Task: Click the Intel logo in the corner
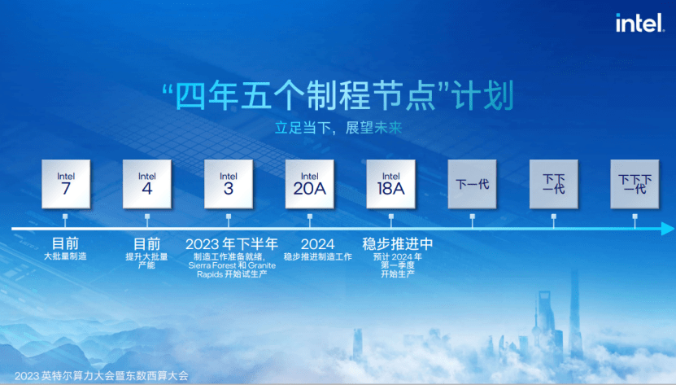coord(639,23)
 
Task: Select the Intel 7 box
coord(66,184)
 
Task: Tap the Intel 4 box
coord(147,184)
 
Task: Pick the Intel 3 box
coord(229,184)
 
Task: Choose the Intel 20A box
coord(310,184)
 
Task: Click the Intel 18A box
coord(391,184)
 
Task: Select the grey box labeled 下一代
coord(472,184)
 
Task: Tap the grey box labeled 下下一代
coord(553,184)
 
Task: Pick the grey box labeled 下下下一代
coord(635,184)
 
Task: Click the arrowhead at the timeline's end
coord(668,229)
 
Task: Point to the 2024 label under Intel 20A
coord(318,244)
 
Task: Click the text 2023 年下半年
coord(232,244)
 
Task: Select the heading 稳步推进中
coord(398,244)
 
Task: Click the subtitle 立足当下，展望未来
coord(338,128)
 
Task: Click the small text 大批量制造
coord(66,256)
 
